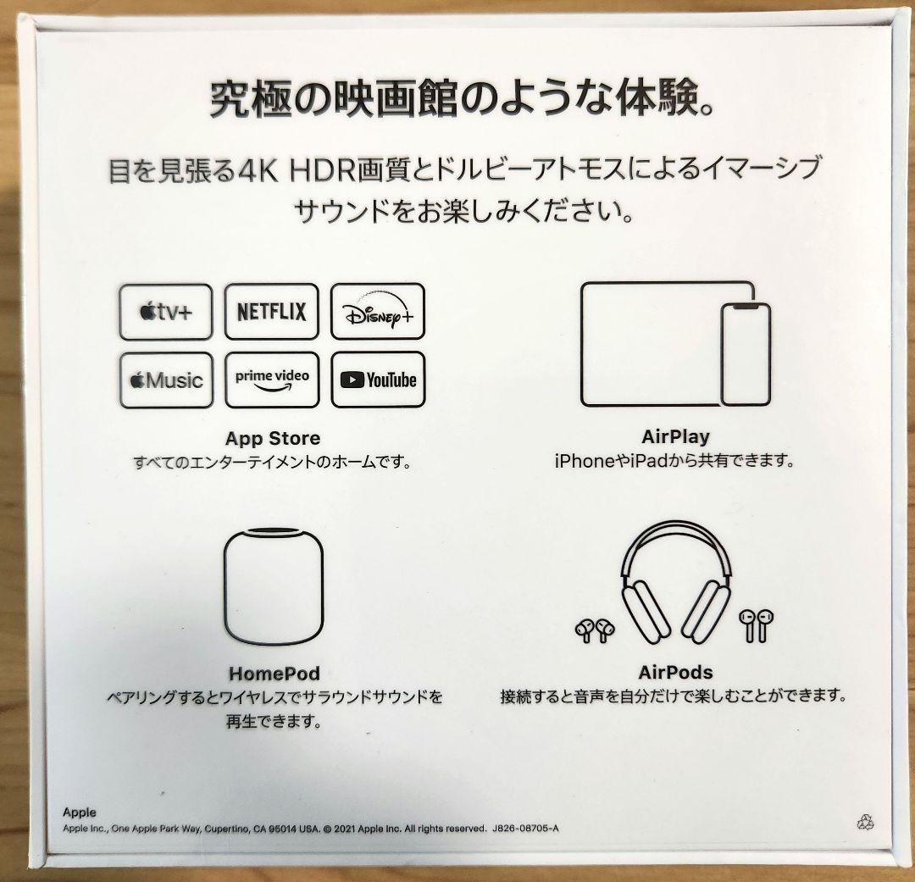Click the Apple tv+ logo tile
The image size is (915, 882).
(166, 312)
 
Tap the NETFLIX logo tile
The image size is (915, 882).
(272, 311)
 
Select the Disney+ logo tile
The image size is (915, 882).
(378, 311)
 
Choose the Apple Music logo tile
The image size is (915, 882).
(166, 380)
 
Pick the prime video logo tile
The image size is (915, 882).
(272, 380)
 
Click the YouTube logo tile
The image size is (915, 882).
(378, 380)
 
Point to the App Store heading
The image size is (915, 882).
(273, 438)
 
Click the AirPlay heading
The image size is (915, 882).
(676, 436)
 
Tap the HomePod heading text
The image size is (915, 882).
(274, 674)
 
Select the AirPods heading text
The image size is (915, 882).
(676, 673)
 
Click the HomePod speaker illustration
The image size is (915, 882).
(274, 586)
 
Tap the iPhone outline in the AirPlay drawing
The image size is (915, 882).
(746, 354)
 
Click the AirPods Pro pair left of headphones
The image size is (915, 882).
(595, 630)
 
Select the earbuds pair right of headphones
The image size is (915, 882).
(757, 625)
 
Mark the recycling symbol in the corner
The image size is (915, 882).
(865, 823)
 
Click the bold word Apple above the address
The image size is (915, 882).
(80, 813)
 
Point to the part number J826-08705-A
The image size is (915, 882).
(526, 829)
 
